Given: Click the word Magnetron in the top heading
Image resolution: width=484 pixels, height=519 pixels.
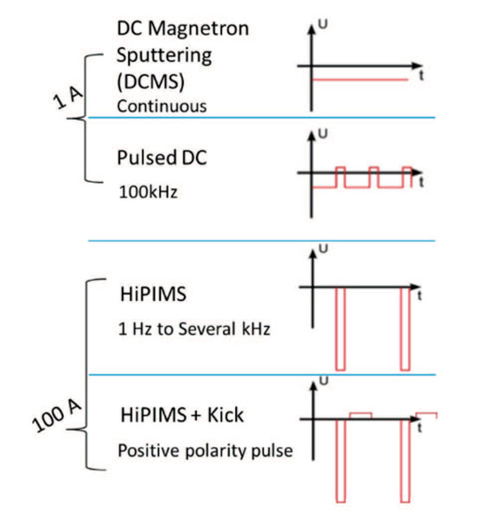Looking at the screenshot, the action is coord(198,29).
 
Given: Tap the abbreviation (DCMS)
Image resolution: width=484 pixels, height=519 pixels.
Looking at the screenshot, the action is coord(150,81).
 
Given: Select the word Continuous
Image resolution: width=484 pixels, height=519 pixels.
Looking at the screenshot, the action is coord(162,106).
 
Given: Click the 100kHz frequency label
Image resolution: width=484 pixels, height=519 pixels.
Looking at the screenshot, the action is coord(148,192).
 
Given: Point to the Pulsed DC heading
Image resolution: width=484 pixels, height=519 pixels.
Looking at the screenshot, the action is coord(162,157).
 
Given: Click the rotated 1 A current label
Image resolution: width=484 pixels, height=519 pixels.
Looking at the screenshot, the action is coord(67,98).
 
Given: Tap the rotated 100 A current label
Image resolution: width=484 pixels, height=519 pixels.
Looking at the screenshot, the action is coord(56,416).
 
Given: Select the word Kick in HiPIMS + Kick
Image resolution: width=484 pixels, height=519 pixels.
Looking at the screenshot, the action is coord(226,414).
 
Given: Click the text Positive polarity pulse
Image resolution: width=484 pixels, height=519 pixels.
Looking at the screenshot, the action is coord(205,451).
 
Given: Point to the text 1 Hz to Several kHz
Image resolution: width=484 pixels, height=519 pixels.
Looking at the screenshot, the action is coord(194,329).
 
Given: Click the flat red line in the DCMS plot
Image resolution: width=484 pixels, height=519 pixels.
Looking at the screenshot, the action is coord(360,80).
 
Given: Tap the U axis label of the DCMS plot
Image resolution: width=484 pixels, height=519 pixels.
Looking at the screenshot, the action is coord(322,24).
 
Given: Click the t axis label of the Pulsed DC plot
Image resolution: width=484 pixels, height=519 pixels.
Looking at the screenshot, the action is coord(421,183).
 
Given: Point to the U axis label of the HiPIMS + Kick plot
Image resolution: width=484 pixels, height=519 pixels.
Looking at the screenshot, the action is coord(323,381).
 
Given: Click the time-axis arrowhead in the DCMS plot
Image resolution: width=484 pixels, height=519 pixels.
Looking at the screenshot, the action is coord(417,66).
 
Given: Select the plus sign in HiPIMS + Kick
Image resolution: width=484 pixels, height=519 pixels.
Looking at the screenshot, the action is coord(195,416).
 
